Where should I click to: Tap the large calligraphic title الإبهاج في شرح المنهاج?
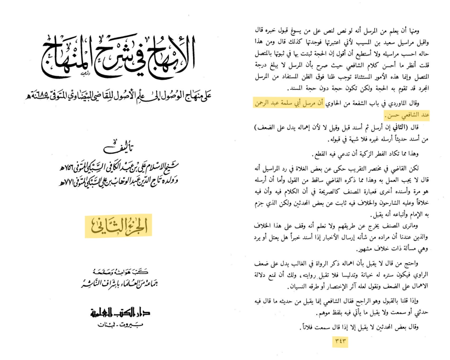118,59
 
